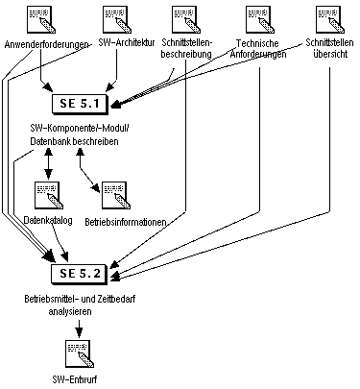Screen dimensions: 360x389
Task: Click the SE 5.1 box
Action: pyautogui.click(x=80, y=104)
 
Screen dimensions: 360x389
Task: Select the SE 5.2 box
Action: pyautogui.click(x=80, y=274)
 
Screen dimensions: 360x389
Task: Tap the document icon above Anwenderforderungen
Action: pyautogui.click(x=40, y=19)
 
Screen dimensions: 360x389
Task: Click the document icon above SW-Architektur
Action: pyautogui.click(x=117, y=19)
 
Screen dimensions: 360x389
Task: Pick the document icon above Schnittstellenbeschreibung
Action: pyautogui.click(x=186, y=19)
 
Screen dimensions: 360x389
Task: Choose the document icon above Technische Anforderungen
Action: pyautogui.click(x=260, y=19)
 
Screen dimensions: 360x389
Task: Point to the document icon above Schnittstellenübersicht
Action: pyautogui.click(x=330, y=19)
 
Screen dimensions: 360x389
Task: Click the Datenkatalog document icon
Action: pyautogui.click(x=49, y=195)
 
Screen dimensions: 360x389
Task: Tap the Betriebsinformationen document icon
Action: pyautogui.click(x=116, y=195)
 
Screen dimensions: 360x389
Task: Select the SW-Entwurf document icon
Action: pyautogui.click(x=80, y=353)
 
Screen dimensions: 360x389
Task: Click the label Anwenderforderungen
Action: pyautogui.click(x=47, y=44)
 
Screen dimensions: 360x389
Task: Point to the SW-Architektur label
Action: pyautogui.click(x=127, y=42)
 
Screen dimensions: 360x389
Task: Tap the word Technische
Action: pyautogui.click(x=257, y=43)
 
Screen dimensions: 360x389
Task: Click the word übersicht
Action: pyautogui.click(x=330, y=54)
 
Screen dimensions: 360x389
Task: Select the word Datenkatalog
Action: pyautogui.click(x=48, y=220)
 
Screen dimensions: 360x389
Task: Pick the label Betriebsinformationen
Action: pyautogui.click(x=126, y=222)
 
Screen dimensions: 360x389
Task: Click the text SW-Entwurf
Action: pyautogui.click(x=75, y=379)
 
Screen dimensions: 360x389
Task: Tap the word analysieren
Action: pyautogui.click(x=70, y=311)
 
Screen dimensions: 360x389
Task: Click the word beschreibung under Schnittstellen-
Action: pyautogui.click(x=186, y=54)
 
